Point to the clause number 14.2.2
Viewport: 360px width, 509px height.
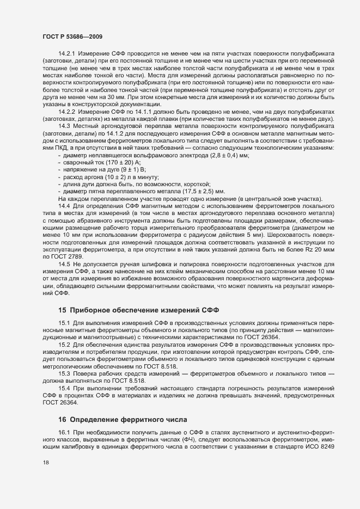coord(68,112)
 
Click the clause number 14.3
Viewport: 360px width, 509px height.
coord(64,126)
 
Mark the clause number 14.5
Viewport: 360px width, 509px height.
coord(64,264)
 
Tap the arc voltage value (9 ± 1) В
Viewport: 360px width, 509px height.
coord(121,170)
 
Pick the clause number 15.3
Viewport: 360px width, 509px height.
coord(64,373)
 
